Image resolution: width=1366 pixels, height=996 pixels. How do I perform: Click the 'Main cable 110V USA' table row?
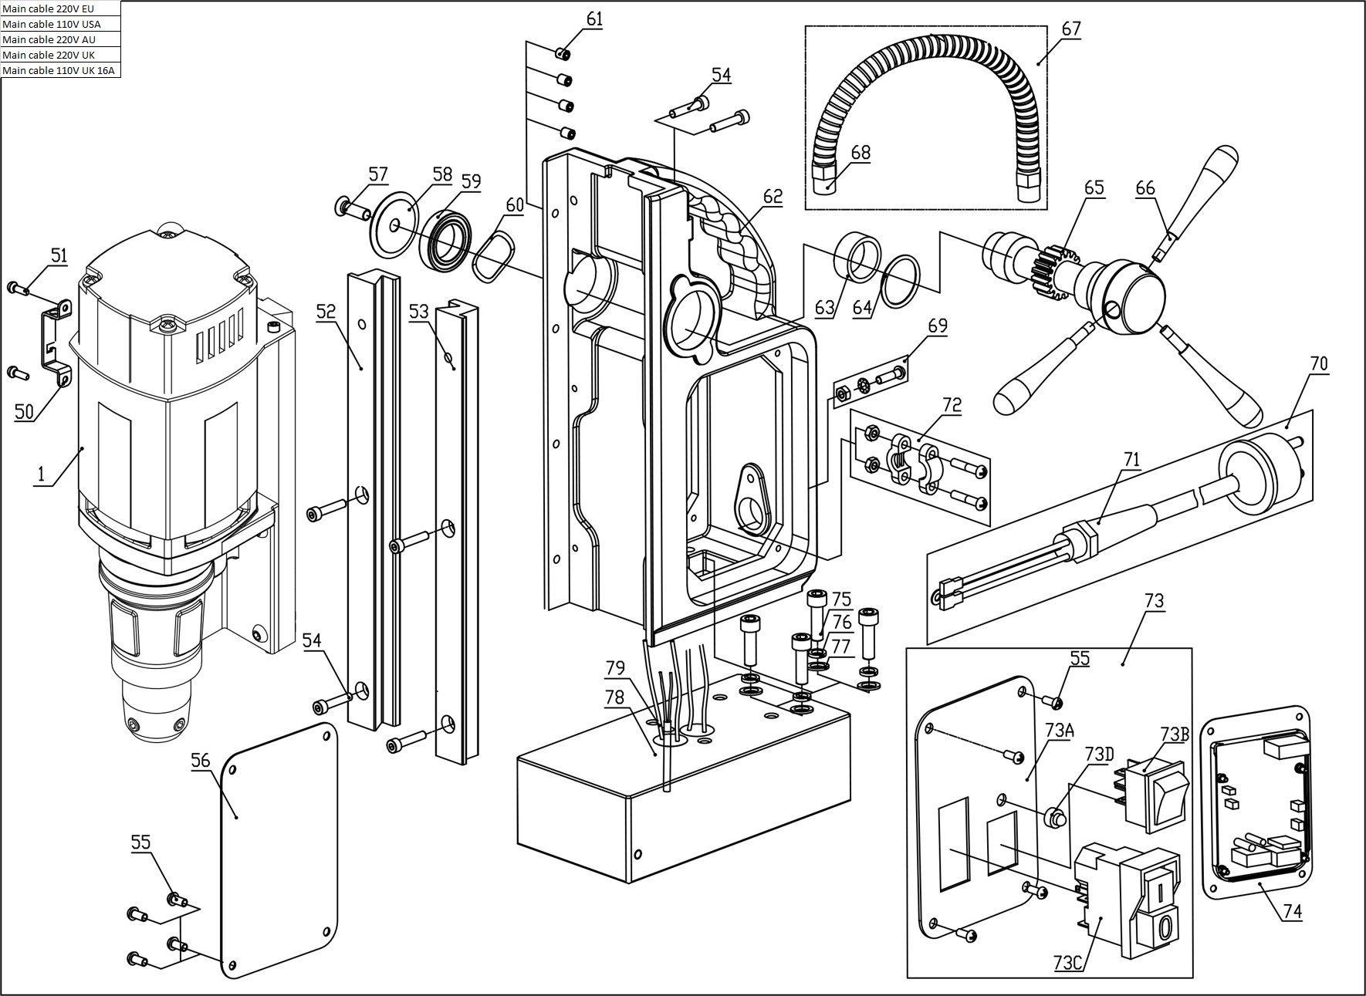60,24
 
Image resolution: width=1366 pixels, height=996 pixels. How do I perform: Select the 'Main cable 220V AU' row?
60,39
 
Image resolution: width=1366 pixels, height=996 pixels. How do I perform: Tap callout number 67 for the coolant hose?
1071,29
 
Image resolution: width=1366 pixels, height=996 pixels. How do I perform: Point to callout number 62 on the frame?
773,197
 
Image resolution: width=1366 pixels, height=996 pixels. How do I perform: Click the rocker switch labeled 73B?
1155,795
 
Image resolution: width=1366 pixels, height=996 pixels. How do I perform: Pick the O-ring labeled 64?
900,282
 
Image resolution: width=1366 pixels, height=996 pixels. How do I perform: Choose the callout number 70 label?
1319,363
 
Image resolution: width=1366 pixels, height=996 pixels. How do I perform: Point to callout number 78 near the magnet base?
614,697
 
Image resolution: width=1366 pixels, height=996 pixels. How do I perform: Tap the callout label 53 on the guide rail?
419,312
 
